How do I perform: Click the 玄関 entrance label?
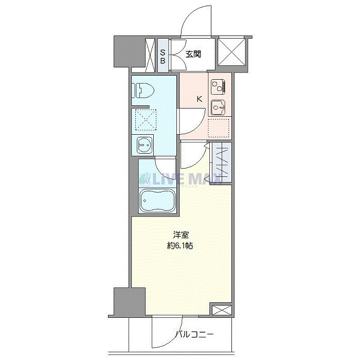193,54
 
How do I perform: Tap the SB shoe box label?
163,57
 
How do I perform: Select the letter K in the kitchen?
199,99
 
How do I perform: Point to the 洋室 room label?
181,235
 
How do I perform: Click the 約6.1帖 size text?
181,246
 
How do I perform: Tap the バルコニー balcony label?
194,335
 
